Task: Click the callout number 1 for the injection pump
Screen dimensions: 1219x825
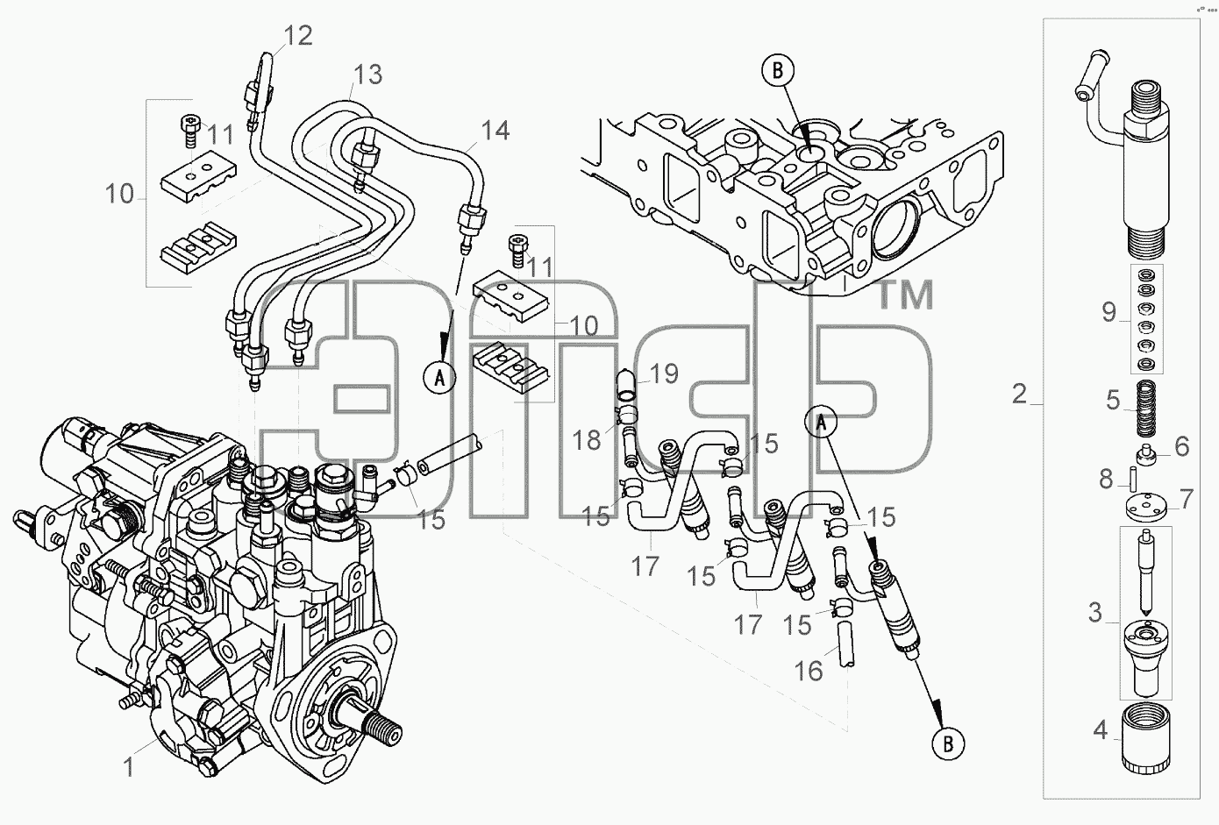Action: coord(128,767)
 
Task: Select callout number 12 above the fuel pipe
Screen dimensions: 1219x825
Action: coord(298,36)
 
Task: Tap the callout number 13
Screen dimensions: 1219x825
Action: coord(367,75)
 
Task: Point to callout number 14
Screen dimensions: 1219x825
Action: coord(495,131)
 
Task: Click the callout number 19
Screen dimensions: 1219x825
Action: coord(664,373)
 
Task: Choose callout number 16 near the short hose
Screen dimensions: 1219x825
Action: coord(809,671)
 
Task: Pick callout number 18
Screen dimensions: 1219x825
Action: coord(586,440)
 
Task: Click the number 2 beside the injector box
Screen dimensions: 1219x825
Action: coord(1019,394)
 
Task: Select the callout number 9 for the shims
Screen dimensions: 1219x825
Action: coord(1109,312)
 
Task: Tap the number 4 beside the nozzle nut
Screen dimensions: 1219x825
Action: coord(1101,730)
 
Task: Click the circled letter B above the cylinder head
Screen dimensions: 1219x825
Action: coord(778,71)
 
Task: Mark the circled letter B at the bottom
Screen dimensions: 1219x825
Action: coord(948,743)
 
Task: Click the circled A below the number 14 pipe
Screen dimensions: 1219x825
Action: coord(439,377)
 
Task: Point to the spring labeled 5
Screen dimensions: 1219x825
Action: coord(1145,409)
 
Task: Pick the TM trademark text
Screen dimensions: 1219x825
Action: coord(905,296)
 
